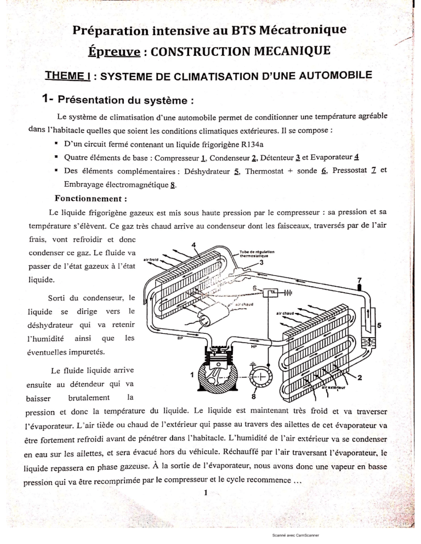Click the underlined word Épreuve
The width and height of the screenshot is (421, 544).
click(x=115, y=54)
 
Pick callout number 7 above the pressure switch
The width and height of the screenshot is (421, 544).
click(x=359, y=280)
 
